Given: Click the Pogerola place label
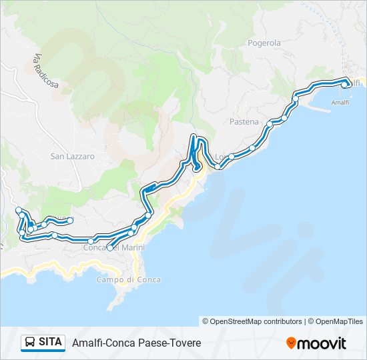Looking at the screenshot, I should (x=264, y=43).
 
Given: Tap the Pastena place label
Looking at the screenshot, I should (x=244, y=122).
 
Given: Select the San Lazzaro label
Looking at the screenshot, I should (x=73, y=156).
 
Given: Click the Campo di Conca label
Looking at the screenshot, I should (x=128, y=279).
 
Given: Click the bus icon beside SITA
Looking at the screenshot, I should (x=30, y=343).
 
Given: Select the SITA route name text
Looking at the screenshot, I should (x=51, y=343).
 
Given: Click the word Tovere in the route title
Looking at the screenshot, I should (x=186, y=343).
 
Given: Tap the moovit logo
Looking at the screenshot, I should (x=316, y=343).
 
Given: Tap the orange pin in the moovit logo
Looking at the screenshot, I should (x=292, y=343).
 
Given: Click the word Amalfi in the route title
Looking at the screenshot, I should (x=87, y=343).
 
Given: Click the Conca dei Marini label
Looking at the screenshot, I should (x=113, y=248).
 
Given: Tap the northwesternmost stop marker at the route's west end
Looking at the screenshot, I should (x=19, y=211).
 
